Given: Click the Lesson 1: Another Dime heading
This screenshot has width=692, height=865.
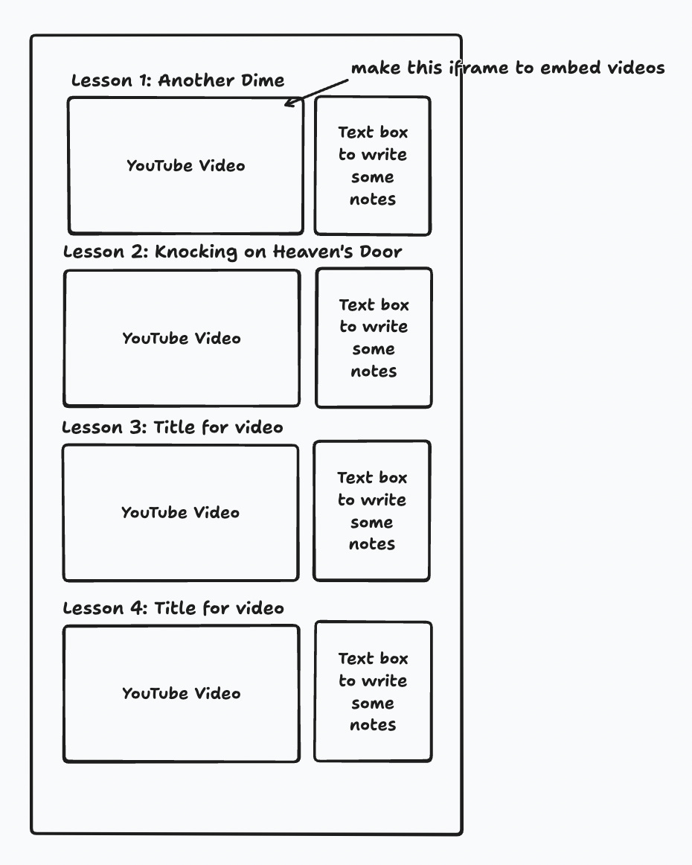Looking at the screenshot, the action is pos(178,80).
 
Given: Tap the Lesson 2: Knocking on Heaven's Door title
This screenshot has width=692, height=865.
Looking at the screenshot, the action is pos(232,252).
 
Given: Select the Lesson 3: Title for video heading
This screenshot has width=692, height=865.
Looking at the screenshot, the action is pos(173,427).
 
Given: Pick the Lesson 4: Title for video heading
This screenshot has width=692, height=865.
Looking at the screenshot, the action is pos(173,608).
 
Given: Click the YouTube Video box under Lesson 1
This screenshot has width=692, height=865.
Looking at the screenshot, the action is pos(185,165).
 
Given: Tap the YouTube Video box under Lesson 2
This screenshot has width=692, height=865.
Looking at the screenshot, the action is pos(182,338).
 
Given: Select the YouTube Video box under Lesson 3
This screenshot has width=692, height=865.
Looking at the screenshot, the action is pos(180,512).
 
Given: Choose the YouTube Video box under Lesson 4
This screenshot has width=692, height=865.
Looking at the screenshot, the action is pos(182,693).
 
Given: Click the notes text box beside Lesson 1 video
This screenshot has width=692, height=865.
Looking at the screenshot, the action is pos(373,165).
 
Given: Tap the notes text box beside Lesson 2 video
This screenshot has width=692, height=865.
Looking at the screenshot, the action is pos(374,337).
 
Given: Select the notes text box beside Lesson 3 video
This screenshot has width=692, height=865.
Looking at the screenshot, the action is pos(372,511).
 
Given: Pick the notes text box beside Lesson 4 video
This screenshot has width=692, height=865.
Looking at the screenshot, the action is pos(373,692).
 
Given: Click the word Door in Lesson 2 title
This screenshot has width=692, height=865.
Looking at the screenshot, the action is pos(381,252).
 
